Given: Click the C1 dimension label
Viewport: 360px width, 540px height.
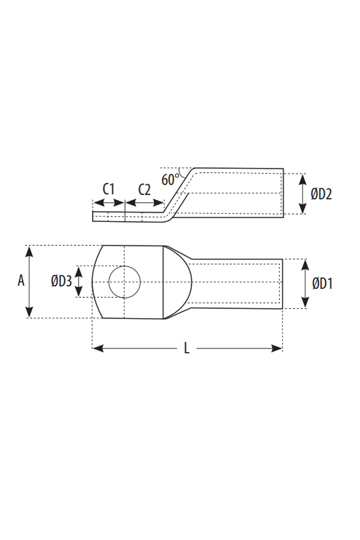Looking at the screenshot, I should click(108, 189).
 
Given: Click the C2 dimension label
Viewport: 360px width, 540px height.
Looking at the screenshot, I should click(144, 189).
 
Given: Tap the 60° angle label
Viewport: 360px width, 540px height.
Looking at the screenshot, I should click(170, 180).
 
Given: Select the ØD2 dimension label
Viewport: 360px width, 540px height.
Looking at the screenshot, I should click(321, 194).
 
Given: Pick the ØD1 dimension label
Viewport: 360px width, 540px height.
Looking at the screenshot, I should click(322, 283).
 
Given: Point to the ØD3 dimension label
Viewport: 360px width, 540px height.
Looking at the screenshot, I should click(61, 282).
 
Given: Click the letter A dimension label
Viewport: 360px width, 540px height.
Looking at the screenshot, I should click(21, 281).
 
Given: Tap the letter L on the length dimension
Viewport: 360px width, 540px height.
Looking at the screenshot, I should click(187, 348).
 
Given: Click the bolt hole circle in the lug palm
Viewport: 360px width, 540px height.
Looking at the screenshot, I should click(125, 282).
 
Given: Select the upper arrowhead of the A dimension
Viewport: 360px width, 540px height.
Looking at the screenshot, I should click(30, 251).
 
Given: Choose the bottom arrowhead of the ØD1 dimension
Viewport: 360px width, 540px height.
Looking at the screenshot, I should click(306, 303).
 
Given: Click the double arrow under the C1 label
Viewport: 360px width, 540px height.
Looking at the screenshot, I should click(108, 204).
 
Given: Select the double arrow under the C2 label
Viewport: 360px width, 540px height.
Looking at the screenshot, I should click(144, 204).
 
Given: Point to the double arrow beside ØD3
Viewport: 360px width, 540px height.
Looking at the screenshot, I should click(79, 282).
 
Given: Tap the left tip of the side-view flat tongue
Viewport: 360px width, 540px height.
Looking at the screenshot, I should click(94, 216).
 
